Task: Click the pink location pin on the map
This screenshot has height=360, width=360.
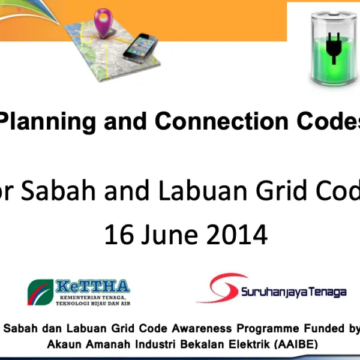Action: click(x=104, y=19)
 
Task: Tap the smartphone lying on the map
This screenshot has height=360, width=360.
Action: click(x=140, y=47)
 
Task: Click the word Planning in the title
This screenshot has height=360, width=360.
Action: click(x=48, y=122)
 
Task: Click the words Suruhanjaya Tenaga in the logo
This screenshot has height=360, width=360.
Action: click(x=293, y=292)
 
